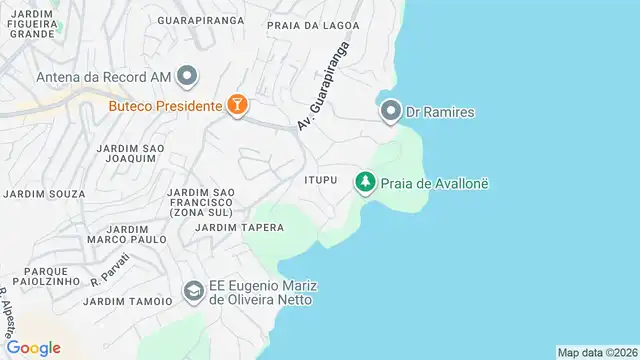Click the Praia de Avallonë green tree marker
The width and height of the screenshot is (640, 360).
click(365, 183)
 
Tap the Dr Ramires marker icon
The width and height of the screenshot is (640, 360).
click(391, 112)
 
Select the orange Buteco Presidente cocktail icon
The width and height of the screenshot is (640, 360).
click(237, 104)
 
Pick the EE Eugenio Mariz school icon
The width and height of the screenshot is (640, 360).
click(192, 291)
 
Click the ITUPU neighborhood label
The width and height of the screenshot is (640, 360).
click(323, 180)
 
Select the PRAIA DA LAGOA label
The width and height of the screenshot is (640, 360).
click(312, 24)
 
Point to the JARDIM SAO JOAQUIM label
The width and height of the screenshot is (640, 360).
click(130, 154)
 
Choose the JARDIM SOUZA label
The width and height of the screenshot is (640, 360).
click(45, 193)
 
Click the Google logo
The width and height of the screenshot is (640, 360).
click(33, 348)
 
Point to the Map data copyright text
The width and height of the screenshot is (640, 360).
click(597, 352)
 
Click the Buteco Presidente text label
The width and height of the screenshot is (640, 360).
click(165, 104)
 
